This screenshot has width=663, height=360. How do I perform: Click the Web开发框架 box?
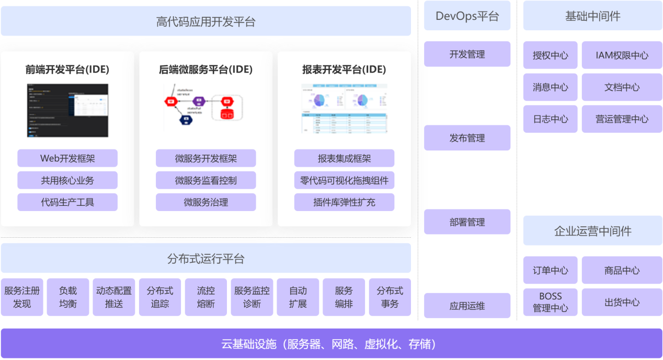(67, 158)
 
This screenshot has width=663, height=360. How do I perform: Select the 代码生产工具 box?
(67, 202)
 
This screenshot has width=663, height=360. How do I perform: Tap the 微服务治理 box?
(205, 202)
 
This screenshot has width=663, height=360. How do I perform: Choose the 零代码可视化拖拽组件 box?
(344, 180)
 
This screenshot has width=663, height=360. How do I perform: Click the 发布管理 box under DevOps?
(467, 138)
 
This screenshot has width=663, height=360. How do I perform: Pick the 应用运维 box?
(467, 306)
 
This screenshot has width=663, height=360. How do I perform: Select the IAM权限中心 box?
(622, 55)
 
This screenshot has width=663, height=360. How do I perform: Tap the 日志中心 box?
(550, 119)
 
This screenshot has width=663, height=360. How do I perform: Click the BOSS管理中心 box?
(550, 302)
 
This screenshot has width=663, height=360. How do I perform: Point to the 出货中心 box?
(622, 302)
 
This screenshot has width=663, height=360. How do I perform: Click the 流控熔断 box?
(205, 297)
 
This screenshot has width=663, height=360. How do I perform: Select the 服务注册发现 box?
(22, 297)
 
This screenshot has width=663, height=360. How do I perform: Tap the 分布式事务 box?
(390, 297)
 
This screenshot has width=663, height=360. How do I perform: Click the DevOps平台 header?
(467, 16)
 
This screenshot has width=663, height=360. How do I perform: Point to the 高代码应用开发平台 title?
(205, 21)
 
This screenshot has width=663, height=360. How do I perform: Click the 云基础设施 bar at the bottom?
(331, 344)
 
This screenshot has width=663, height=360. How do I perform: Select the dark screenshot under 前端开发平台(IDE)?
(67, 110)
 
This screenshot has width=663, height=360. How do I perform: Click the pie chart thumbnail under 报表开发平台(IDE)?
(344, 108)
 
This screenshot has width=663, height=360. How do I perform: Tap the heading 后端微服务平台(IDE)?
(205, 69)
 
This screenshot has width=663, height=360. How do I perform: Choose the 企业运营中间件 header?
(592, 231)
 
